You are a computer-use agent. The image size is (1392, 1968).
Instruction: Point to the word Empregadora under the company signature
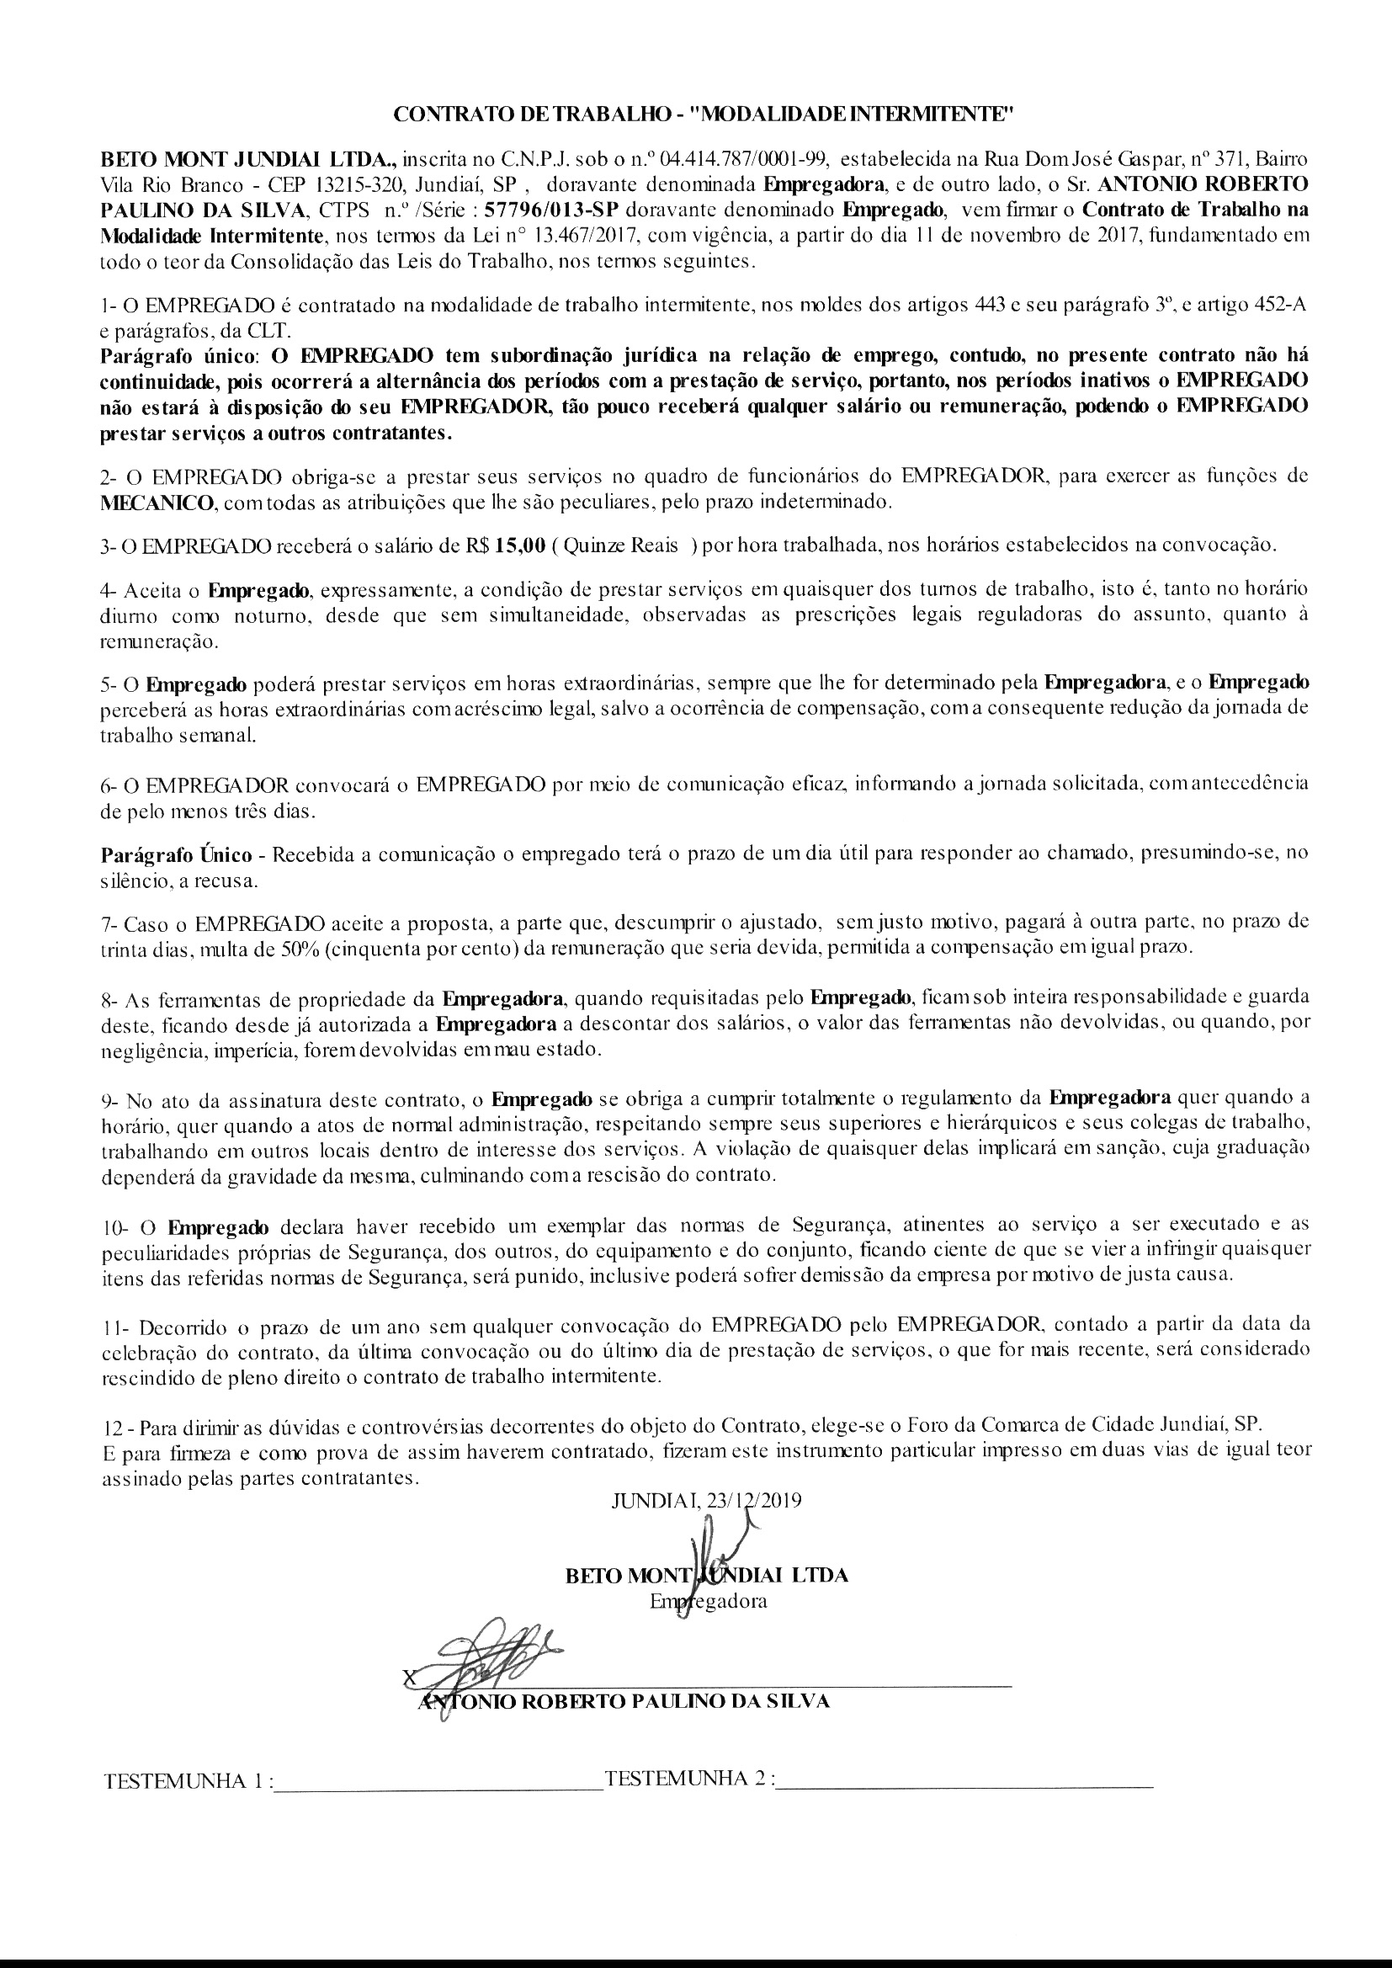pos(708,1600)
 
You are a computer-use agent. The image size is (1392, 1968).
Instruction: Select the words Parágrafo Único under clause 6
pos(176,854)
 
